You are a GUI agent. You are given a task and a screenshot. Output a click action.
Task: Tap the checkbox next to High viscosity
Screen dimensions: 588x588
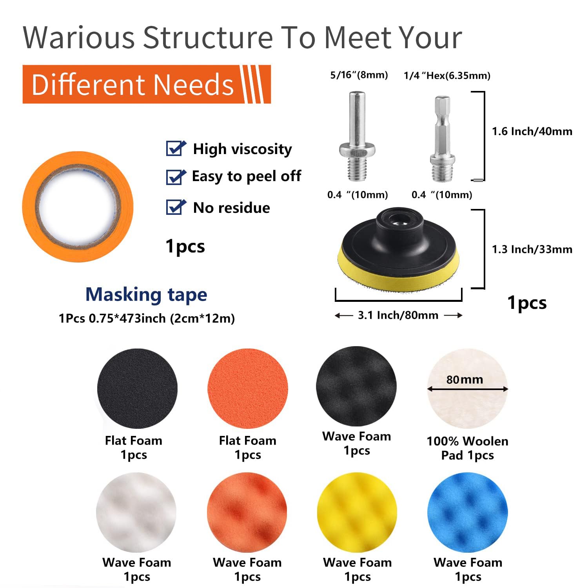pyautogui.click(x=176, y=149)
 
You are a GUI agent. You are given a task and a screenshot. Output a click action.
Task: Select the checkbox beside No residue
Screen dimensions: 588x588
pyautogui.click(x=176, y=207)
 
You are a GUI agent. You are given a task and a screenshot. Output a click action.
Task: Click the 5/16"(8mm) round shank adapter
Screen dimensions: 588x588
pyautogui.click(x=357, y=136)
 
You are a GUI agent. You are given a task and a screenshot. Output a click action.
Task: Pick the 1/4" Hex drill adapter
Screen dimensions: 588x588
pyautogui.click(x=442, y=139)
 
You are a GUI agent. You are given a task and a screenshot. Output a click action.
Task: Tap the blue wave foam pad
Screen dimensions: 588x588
pyautogui.click(x=468, y=512)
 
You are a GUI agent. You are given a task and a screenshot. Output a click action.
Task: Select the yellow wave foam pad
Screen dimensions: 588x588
pyautogui.click(x=357, y=512)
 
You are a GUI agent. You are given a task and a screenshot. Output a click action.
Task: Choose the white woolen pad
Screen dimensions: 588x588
pyautogui.click(x=467, y=404)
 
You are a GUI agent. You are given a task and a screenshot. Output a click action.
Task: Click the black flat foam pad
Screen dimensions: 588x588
pyautogui.click(x=137, y=388)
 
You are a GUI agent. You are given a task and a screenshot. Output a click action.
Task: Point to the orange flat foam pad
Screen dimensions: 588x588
pyautogui.click(x=248, y=388)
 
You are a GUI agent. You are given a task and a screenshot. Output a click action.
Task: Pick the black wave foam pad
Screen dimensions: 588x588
pyautogui.click(x=356, y=386)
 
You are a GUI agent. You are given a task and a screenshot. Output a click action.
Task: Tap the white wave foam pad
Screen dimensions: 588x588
pyautogui.click(x=136, y=512)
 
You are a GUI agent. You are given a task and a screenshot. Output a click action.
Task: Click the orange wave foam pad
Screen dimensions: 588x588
pyautogui.click(x=247, y=512)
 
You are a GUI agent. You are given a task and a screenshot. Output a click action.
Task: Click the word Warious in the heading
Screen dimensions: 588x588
pyautogui.click(x=79, y=38)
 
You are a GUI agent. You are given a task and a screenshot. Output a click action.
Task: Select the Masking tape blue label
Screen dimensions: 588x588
pyautogui.click(x=146, y=295)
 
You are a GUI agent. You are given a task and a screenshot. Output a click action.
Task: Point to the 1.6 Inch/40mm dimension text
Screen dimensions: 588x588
pyautogui.click(x=532, y=131)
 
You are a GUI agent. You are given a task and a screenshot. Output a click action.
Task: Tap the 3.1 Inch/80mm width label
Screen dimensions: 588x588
pyautogui.click(x=398, y=315)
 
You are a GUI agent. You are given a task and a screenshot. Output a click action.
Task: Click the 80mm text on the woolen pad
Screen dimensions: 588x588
pyautogui.click(x=465, y=379)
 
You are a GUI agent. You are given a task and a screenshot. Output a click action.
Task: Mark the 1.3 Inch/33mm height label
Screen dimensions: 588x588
pyautogui.click(x=532, y=249)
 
